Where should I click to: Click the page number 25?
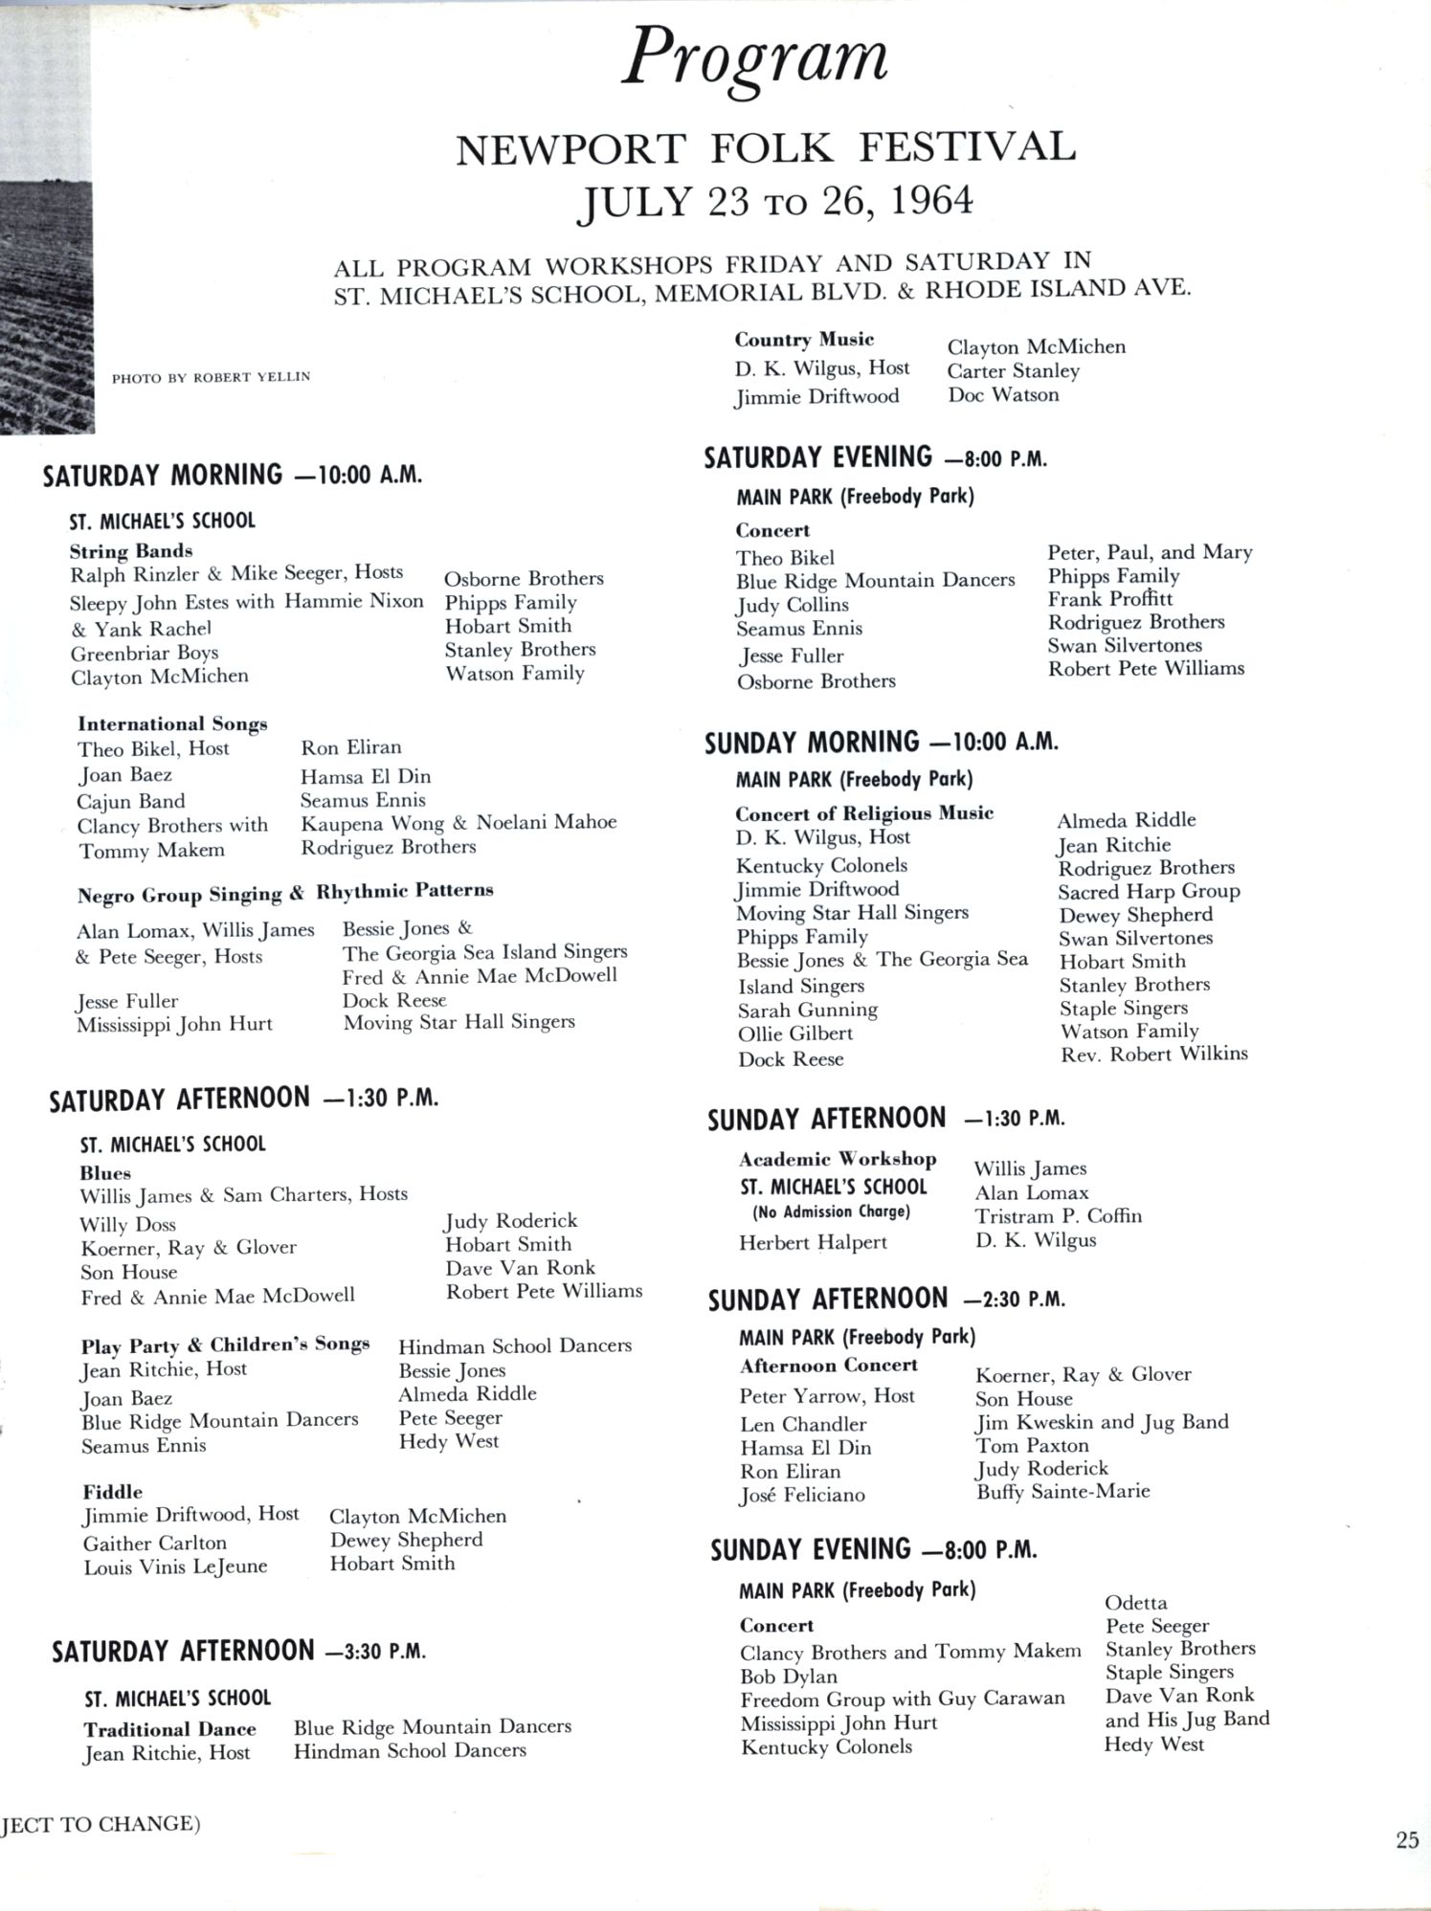click(1407, 1839)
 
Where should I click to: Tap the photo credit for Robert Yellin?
click(211, 377)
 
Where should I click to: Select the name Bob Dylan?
click(788, 1676)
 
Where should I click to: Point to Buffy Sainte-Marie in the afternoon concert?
click(1062, 1491)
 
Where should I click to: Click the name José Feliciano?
click(801, 1495)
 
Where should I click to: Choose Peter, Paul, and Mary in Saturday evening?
click(1149, 552)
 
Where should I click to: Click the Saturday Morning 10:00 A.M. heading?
click(233, 476)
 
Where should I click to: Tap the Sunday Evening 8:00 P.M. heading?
click(873, 1549)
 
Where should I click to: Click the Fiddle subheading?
click(112, 1491)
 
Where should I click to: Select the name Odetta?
click(1135, 1602)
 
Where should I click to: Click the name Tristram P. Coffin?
click(1058, 1216)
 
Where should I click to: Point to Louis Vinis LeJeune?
click(175, 1567)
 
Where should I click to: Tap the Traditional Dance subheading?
click(169, 1728)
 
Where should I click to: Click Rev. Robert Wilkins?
click(1153, 1054)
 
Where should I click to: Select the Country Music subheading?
click(804, 340)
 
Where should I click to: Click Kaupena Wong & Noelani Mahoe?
click(458, 823)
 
